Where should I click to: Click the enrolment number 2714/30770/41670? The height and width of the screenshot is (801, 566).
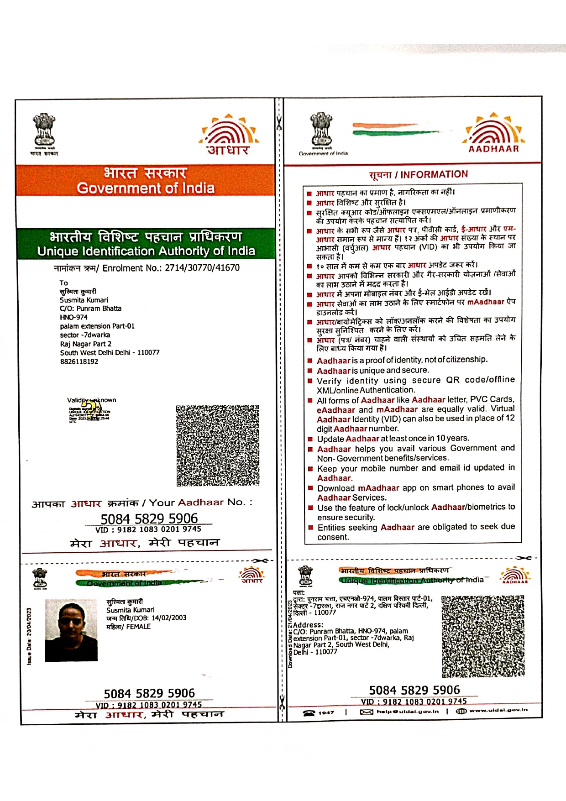(202, 268)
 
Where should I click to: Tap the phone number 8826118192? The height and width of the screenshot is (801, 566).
(79, 361)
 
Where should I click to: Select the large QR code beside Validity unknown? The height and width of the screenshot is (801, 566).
(218, 445)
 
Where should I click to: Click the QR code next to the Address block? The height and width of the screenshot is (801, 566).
(482, 636)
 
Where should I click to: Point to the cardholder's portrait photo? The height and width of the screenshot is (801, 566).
(71, 630)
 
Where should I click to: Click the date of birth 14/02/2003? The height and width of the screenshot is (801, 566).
(169, 618)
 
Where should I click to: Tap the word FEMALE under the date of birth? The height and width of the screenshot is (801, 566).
(138, 627)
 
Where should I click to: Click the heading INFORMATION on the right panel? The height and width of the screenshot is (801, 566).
(434, 174)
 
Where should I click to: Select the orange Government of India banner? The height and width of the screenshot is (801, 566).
(146, 181)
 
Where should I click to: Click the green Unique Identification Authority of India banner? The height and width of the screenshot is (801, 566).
(146, 244)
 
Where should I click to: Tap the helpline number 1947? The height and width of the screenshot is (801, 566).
(326, 712)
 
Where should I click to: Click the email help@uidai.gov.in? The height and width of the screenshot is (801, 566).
(407, 712)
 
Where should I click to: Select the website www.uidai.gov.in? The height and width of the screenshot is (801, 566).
(498, 710)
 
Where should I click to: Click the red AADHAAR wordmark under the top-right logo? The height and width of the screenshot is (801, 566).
(493, 149)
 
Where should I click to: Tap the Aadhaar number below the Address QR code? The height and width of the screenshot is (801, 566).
(414, 690)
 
